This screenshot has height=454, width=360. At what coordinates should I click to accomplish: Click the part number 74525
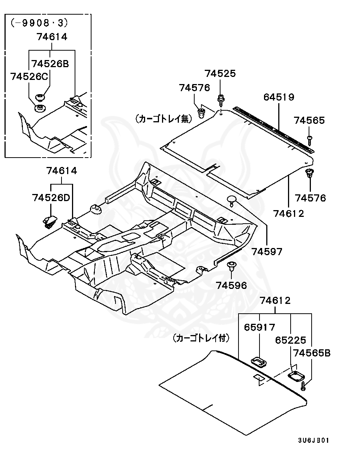(x=220, y=74)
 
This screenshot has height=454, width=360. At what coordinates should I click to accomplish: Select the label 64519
(x=279, y=97)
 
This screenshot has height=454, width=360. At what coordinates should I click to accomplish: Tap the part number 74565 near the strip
(x=309, y=120)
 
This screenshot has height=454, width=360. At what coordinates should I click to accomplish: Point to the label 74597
(x=267, y=251)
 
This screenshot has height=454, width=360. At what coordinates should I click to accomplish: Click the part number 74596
(x=231, y=286)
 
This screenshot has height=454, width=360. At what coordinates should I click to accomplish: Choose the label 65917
(x=259, y=327)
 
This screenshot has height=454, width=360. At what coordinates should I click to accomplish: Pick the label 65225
(x=291, y=340)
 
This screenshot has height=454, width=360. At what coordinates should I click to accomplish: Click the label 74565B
(x=312, y=353)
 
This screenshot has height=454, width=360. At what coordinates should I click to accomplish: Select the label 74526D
(x=51, y=197)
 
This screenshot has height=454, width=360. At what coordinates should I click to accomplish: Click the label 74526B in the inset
(x=50, y=63)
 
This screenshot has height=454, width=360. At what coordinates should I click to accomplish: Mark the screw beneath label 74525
(x=221, y=100)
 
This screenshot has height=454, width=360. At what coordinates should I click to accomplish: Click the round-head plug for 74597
(x=232, y=200)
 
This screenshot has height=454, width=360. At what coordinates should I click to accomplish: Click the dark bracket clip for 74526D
(x=49, y=221)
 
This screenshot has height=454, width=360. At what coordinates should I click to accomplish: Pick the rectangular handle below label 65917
(x=258, y=361)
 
